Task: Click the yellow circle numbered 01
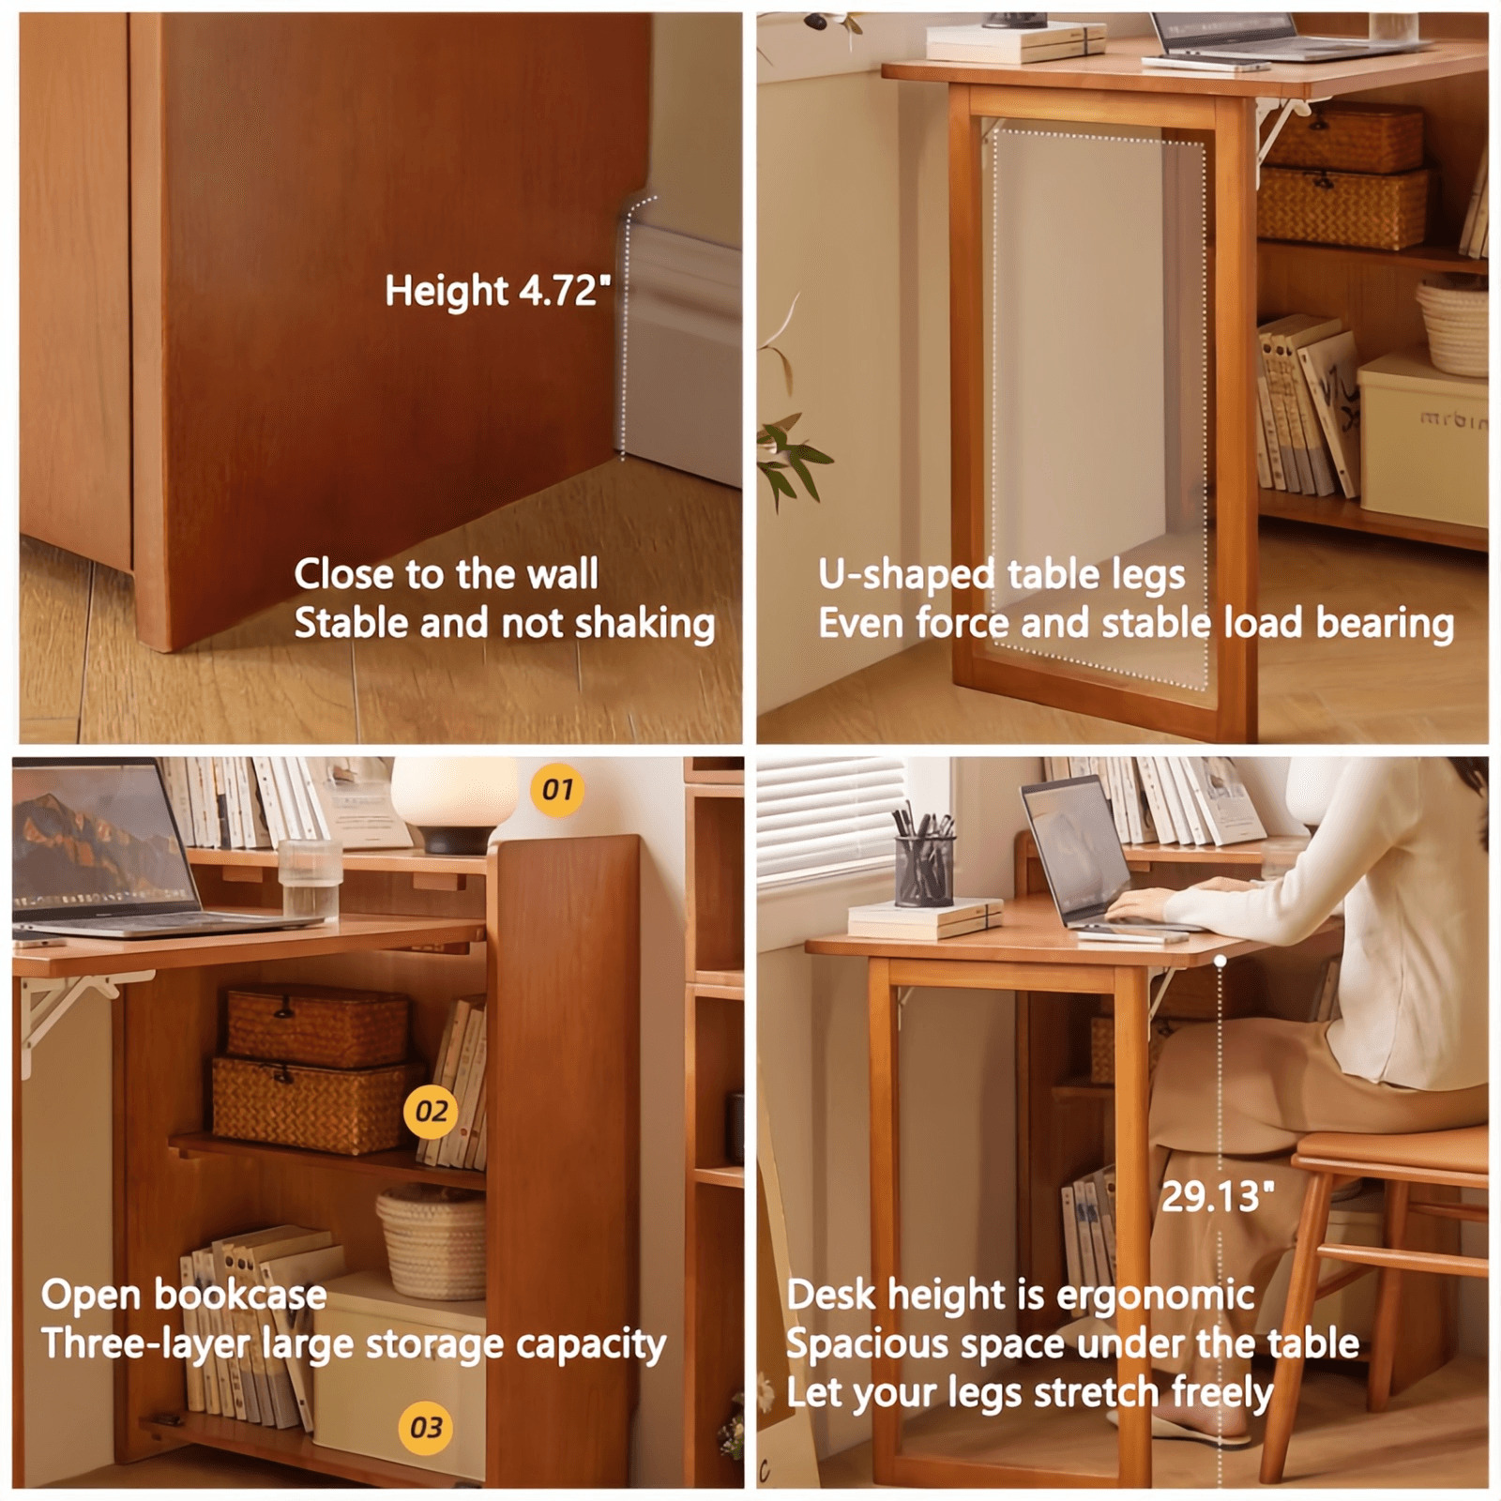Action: coord(557,790)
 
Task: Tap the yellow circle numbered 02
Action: coord(431,1112)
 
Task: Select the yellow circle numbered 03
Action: coord(425,1428)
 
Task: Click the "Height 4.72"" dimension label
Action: coord(497,291)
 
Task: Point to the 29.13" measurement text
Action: coord(1217,1197)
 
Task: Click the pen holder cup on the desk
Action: coord(924,869)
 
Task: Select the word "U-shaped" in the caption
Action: coord(906,574)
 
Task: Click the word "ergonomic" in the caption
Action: coord(1155,1296)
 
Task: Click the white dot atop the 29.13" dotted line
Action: coord(1220,961)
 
